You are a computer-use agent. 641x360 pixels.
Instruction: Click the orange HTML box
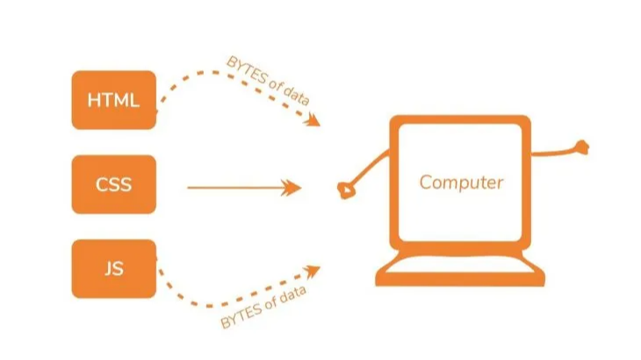coord(113,99)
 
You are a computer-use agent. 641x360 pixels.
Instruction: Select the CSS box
coord(113,184)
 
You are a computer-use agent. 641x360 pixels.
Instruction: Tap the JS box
coord(113,268)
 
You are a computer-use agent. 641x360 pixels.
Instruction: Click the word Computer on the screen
coord(461,183)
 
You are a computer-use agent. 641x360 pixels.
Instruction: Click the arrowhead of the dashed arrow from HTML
coord(312,120)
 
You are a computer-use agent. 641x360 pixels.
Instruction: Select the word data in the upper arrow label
coord(295,93)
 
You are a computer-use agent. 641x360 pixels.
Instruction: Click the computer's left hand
coord(346,189)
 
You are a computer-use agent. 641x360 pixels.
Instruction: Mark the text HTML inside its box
coord(113,99)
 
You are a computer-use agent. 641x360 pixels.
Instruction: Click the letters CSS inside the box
coord(113,184)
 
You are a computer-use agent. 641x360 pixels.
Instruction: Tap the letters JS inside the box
coord(113,268)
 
